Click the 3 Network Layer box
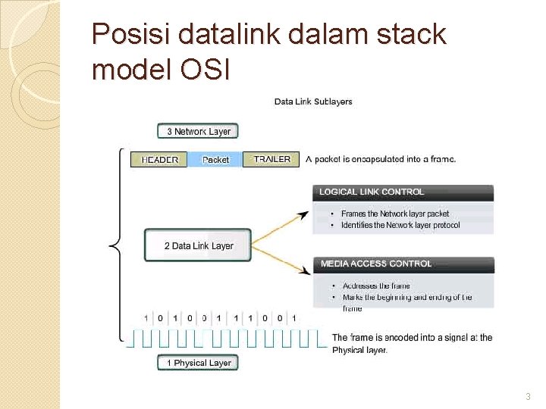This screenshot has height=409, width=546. point(198,131)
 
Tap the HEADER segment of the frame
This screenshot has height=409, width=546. point(159,160)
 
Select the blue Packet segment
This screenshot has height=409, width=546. point(215,160)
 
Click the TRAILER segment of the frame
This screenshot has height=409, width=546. point(271,159)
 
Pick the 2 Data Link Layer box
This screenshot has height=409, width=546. point(198,245)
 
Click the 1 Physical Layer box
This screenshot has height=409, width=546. point(199,363)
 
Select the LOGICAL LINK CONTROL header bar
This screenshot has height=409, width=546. point(403,192)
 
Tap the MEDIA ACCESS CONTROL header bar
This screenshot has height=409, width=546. point(403,264)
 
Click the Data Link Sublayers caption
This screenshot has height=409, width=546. point(312,101)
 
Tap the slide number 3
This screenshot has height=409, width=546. point(528,397)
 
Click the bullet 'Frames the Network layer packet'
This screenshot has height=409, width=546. point(394,214)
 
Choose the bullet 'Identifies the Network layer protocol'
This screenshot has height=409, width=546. point(400,225)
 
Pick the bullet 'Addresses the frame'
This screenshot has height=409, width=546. point(375,286)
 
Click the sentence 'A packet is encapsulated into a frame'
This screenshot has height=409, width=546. point(381,159)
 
